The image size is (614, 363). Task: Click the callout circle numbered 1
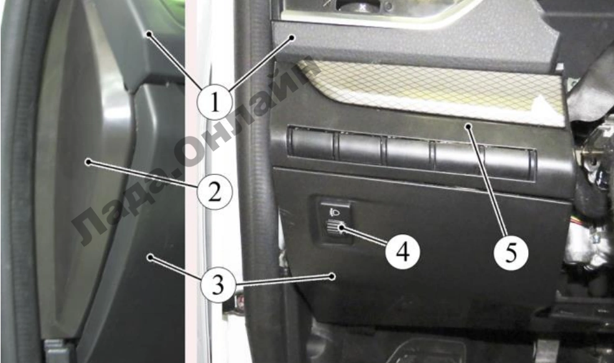click(215, 102)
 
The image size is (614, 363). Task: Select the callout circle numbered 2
click(215, 192)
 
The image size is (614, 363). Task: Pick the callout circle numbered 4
click(402, 252)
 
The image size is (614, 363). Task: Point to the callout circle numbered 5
click(511, 253)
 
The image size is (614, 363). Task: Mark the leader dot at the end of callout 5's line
click(468, 126)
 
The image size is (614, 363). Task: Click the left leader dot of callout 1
click(149, 34)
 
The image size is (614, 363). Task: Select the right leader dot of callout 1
click(292, 37)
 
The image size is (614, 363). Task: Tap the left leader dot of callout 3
click(149, 257)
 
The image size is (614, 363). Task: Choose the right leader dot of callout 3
click(332, 276)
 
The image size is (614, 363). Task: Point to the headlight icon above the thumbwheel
click(335, 212)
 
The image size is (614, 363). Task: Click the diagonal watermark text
click(196, 153)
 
